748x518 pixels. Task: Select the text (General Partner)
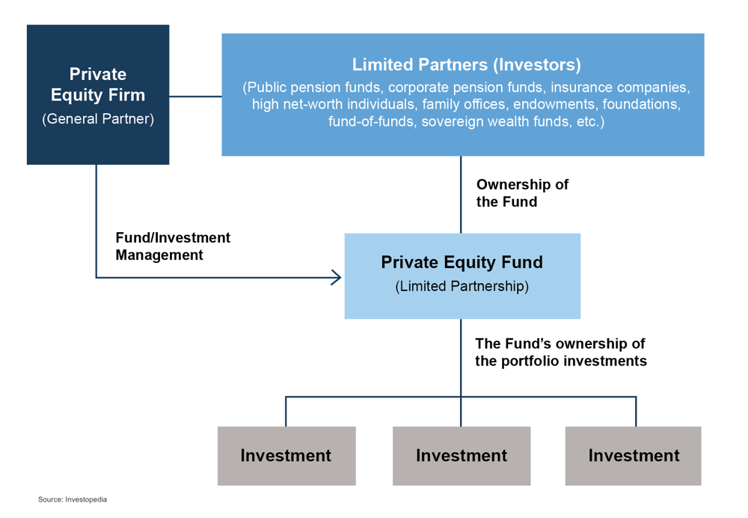(98, 119)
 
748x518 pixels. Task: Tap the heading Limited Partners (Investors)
(466, 64)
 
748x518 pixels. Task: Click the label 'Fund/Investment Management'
(173, 246)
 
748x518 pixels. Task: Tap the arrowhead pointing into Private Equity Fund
(337, 278)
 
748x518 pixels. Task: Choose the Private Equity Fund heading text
(462, 262)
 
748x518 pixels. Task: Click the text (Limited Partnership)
(462, 287)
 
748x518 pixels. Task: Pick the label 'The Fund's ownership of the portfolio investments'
(560, 352)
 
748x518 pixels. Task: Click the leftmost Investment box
(286, 455)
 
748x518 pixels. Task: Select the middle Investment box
(461, 455)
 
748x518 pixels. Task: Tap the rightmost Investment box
(633, 455)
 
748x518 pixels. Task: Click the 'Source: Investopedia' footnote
(73, 499)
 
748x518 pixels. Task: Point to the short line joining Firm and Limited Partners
(195, 97)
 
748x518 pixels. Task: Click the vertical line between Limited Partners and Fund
(461, 195)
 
